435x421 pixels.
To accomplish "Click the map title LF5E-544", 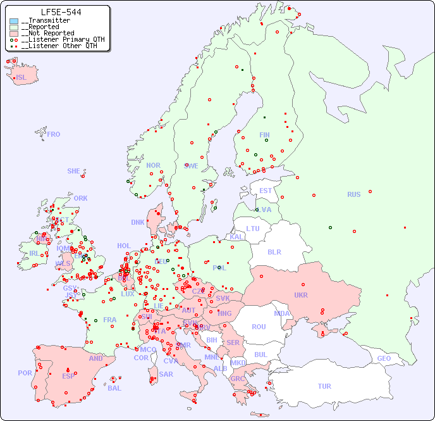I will pyautogui.click(x=61, y=12).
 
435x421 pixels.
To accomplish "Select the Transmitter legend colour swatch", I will pyautogui.click(x=14, y=21).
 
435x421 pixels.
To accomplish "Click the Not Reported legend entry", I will pyautogui.click(x=47, y=33).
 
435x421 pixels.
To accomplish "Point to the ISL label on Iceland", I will pyautogui.click(x=21, y=78).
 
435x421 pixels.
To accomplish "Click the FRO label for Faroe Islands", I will pyautogui.click(x=54, y=134).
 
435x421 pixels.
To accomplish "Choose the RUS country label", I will pyautogui.click(x=353, y=194).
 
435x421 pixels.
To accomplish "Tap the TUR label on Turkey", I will pyautogui.click(x=324, y=386).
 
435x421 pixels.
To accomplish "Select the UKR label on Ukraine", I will pyautogui.click(x=301, y=295).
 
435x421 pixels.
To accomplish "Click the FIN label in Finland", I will pyautogui.click(x=264, y=135).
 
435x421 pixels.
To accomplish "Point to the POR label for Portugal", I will pyautogui.click(x=25, y=373).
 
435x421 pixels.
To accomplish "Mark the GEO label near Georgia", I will pyautogui.click(x=384, y=358).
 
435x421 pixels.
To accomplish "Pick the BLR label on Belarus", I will pyautogui.click(x=274, y=252).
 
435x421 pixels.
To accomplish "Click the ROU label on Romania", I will pyautogui.click(x=259, y=327).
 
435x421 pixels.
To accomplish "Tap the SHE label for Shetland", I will pyautogui.click(x=74, y=171).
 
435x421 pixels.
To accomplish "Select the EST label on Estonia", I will pyautogui.click(x=266, y=191).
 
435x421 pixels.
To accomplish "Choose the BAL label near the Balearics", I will pyautogui.click(x=114, y=388).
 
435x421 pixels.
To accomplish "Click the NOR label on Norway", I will pyautogui.click(x=153, y=165).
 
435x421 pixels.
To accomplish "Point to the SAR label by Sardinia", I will pyautogui.click(x=166, y=374).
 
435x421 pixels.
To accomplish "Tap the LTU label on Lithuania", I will pyautogui.click(x=253, y=229).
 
